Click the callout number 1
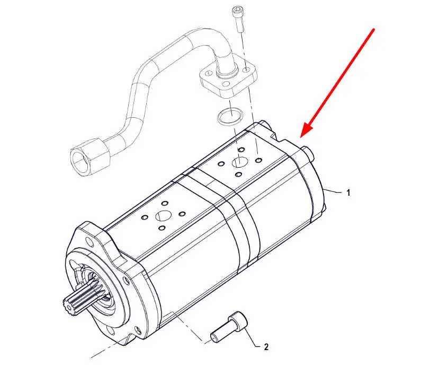click(348, 193)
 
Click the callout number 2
click(266, 347)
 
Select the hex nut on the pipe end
click(91, 156)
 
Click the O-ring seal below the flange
click(229, 116)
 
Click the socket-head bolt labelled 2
click(228, 327)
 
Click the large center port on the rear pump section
click(239, 162)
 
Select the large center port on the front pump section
click(163, 215)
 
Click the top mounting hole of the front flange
click(87, 240)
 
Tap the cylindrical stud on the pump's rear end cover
click(308, 153)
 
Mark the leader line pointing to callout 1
click(333, 192)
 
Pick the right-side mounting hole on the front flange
click(126, 279)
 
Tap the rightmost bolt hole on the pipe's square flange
click(246, 71)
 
